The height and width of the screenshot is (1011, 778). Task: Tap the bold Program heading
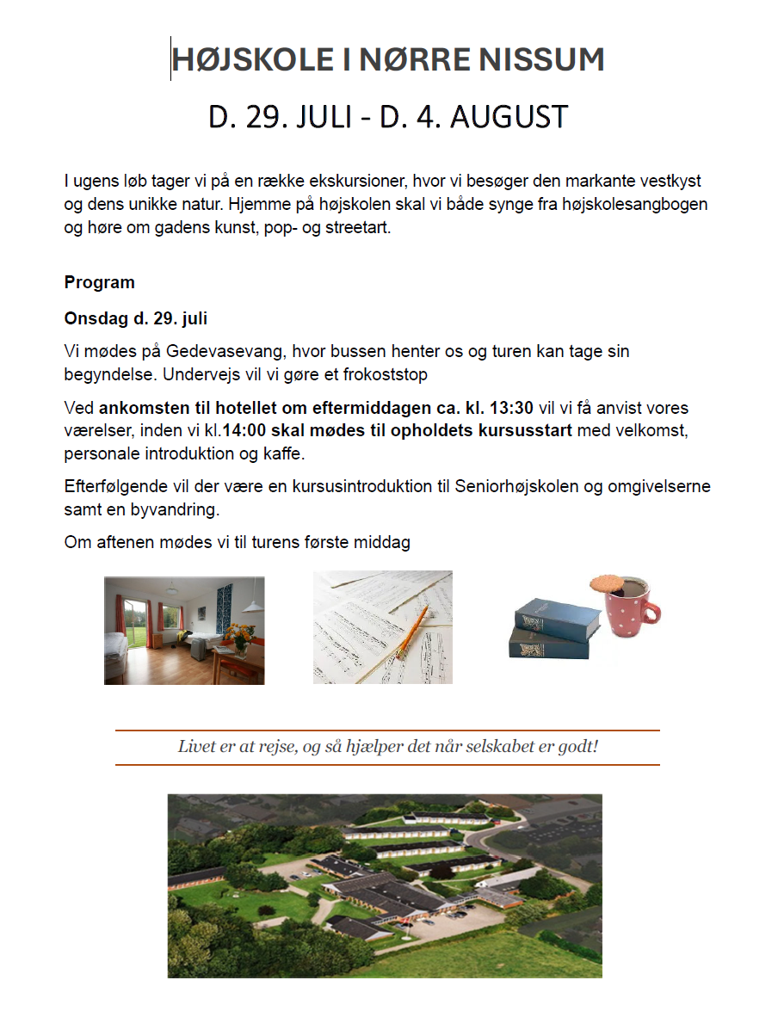pos(99,282)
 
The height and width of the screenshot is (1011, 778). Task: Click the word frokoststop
pos(386,374)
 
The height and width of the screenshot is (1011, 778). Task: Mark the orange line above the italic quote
pos(387,731)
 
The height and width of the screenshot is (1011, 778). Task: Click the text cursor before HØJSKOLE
pos(170,59)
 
